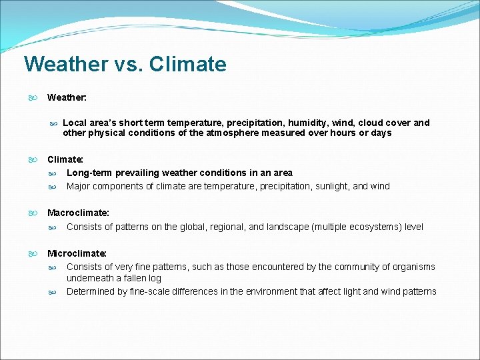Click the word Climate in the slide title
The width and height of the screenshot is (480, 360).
pos(188,65)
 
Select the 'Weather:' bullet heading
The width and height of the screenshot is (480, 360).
pos(67,97)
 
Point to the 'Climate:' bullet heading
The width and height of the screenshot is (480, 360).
pos(65,160)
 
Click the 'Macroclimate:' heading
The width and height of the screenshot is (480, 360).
pos(78,213)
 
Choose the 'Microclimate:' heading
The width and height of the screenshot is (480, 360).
pos(77,253)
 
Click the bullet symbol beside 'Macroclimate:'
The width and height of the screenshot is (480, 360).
pos(32,213)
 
